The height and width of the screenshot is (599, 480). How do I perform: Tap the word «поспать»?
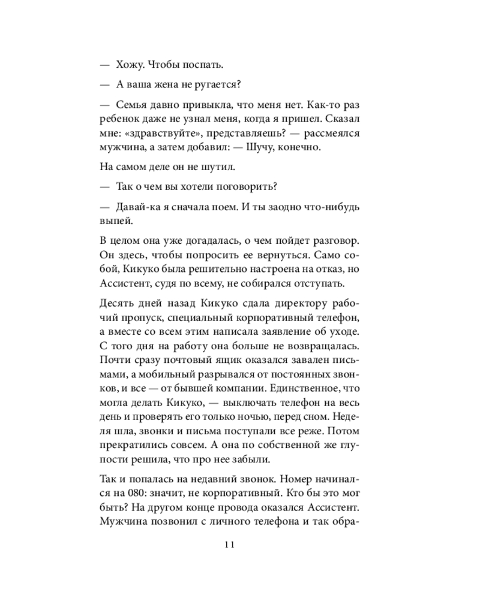tap(206, 64)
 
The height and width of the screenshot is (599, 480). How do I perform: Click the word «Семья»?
tap(135, 105)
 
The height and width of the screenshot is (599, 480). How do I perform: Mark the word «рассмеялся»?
tap(328, 133)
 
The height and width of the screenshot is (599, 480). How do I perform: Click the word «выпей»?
tap(113, 222)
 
